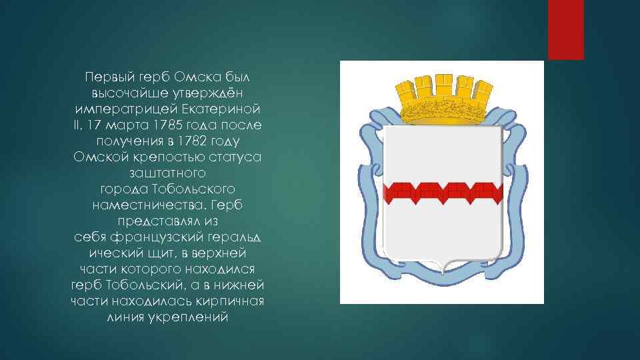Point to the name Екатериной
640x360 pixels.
point(221,109)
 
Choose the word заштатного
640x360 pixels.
point(167,173)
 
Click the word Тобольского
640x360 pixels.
point(193,189)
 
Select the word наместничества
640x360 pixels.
point(150,205)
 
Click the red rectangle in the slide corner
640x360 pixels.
point(566,30)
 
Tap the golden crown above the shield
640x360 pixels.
point(444,99)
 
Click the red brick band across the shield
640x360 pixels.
point(443,193)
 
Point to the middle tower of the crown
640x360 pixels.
point(443,85)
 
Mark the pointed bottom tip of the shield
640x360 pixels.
point(443,273)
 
